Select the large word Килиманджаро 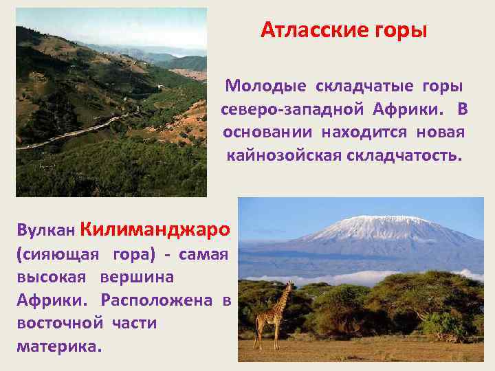pos(155,227)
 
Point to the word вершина pos(137,278)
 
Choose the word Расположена pos(157,300)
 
